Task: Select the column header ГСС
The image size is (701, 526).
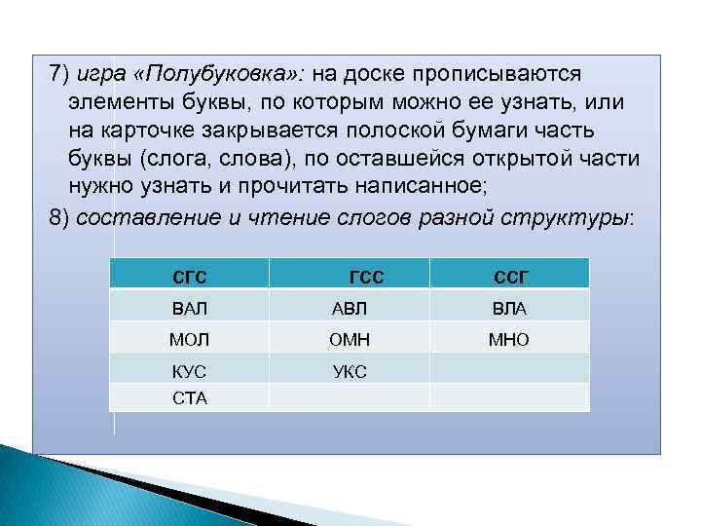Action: [365, 276]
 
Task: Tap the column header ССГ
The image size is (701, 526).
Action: [510, 276]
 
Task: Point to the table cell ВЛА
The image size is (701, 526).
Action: [510, 309]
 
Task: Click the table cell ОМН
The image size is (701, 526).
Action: [350, 340]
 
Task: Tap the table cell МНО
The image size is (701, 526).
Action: [510, 340]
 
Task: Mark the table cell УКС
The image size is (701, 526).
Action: [350, 371]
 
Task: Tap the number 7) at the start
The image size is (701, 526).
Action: [60, 75]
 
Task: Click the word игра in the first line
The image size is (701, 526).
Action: [103, 75]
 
